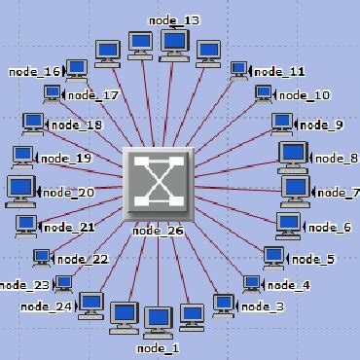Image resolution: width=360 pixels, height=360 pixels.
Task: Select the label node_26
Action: point(158,231)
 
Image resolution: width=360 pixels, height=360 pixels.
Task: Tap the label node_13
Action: point(174,19)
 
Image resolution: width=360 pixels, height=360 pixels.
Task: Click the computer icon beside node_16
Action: point(76,68)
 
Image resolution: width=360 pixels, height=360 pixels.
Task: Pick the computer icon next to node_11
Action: point(239,70)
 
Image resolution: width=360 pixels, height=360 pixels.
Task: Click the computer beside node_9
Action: point(282,123)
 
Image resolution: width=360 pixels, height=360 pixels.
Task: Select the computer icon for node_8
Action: point(293,154)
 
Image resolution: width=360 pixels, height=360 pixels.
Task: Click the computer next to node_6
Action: point(288,224)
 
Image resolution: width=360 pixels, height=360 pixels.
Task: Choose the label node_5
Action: point(312,259)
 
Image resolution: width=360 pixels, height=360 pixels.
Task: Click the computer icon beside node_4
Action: point(251,283)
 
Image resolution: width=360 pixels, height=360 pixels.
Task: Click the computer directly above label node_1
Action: point(158,319)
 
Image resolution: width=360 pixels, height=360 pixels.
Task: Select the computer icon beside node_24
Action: point(90,304)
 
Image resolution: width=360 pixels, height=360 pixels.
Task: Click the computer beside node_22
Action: point(41,257)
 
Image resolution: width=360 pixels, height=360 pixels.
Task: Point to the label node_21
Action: point(73,228)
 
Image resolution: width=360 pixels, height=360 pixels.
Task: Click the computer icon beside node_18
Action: point(34,123)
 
